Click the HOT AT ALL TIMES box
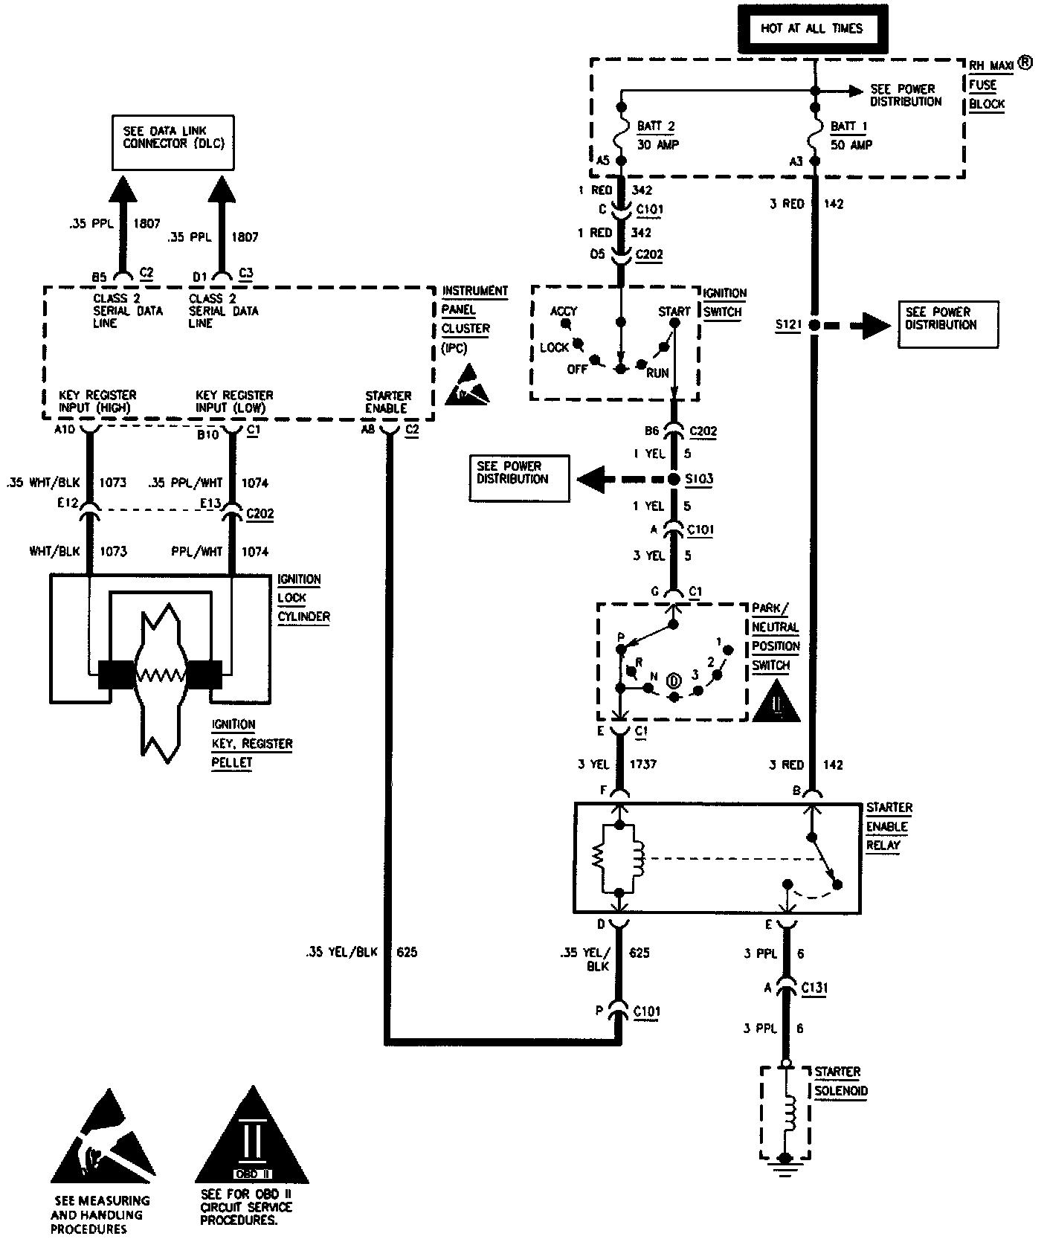[x=811, y=29]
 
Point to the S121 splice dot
[x=815, y=325]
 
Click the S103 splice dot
[x=674, y=479]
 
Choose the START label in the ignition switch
[x=674, y=311]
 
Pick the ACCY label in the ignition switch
[x=564, y=311]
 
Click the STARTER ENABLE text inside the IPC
[x=387, y=402]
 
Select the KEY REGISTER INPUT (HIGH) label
[x=97, y=402]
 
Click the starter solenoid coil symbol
[x=790, y=1111]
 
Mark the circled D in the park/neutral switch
[x=674, y=680]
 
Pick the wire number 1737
[x=642, y=764]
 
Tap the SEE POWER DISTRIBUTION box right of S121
[x=947, y=324]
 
